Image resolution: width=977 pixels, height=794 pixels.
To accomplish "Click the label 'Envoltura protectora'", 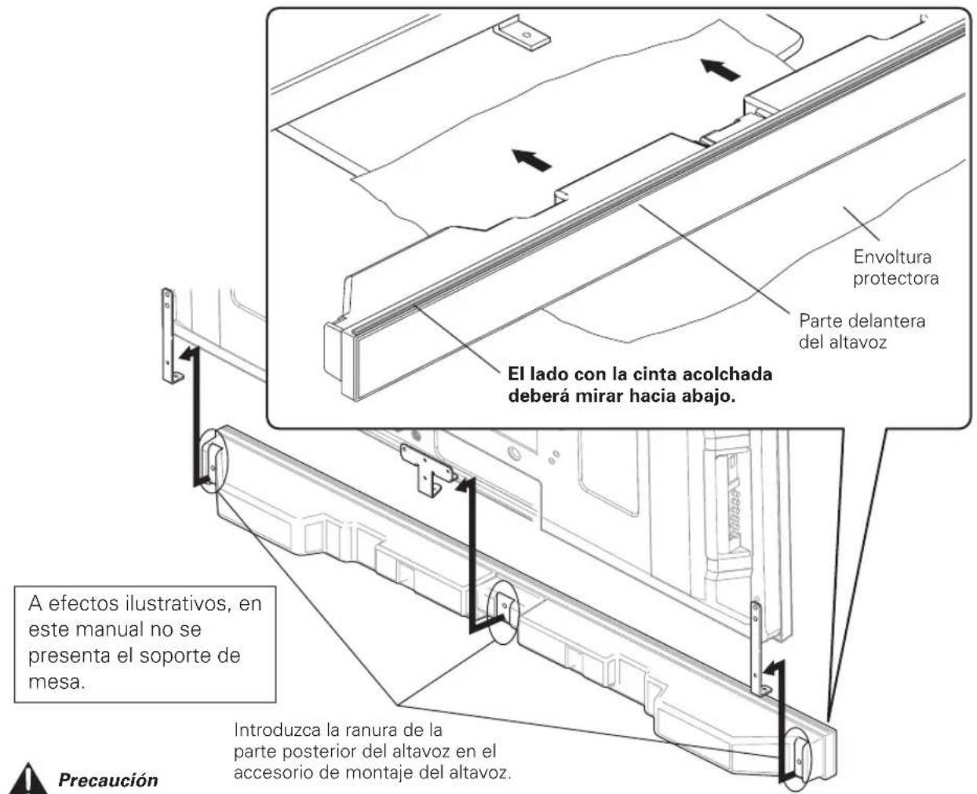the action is pos(895,268).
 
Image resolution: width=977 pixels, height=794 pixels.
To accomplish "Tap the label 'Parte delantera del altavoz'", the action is pos(862,331).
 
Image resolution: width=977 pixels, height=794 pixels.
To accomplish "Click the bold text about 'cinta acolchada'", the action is pos(640,384).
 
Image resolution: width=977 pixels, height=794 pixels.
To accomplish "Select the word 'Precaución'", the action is pos(108,780).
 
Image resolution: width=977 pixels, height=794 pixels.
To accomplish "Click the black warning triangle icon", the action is pos(28,779).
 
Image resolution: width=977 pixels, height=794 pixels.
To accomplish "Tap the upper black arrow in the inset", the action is pos(720,70).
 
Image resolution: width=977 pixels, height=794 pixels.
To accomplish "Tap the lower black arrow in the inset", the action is pos(531,161).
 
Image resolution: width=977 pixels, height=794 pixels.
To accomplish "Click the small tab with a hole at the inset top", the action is pos(522,34).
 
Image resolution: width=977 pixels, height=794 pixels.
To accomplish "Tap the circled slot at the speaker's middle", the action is pos(503,613).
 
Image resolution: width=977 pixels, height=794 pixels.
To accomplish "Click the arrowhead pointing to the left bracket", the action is pos(189,354).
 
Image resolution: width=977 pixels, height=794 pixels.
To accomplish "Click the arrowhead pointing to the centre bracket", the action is pos(465,485).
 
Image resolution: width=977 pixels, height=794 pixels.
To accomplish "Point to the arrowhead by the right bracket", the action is pos(775,668).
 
